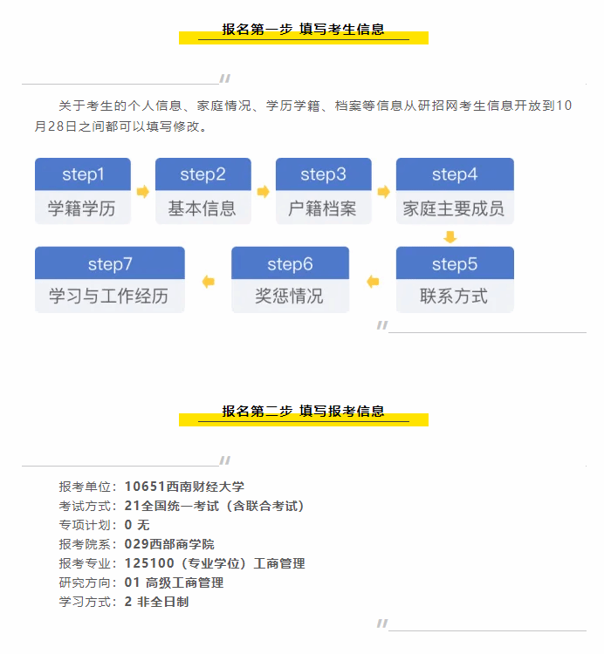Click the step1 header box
(x=83, y=174)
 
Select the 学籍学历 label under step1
(x=83, y=209)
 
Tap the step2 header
(x=202, y=174)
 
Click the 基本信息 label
(x=202, y=209)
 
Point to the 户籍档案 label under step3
(x=323, y=209)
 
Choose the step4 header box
(x=455, y=174)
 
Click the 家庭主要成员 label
(x=455, y=209)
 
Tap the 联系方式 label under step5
(x=455, y=296)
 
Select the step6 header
(x=290, y=263)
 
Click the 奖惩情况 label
(x=290, y=296)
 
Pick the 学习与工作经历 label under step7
(x=109, y=296)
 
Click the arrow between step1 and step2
(x=143, y=191)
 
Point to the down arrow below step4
(x=450, y=236)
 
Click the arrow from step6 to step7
(x=208, y=281)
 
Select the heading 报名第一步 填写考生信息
(x=303, y=30)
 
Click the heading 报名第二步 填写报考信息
(x=303, y=412)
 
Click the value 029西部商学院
(x=169, y=544)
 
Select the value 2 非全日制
(x=157, y=602)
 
